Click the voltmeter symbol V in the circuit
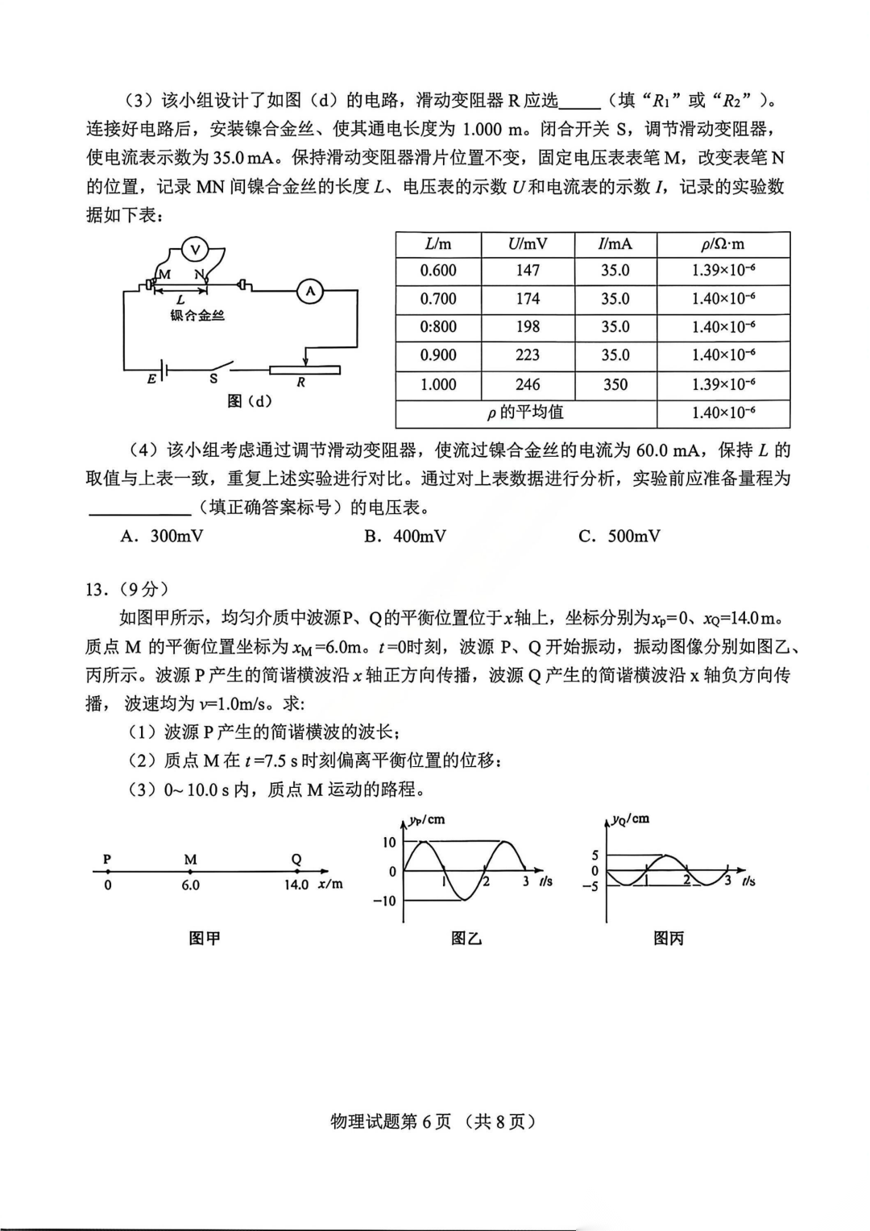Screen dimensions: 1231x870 coord(194,249)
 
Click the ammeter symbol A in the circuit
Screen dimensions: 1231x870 coord(311,292)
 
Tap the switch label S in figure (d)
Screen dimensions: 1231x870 coord(213,378)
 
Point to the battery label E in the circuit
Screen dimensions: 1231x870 coord(151,379)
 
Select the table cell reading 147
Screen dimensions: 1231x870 coord(528,271)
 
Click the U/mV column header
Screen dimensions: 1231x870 coord(528,243)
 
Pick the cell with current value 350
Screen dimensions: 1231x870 coord(615,384)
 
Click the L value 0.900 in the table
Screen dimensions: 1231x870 coord(438,355)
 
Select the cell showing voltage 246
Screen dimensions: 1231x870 coord(528,384)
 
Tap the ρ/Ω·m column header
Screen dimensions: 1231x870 coord(723,243)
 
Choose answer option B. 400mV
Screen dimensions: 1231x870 coord(405,537)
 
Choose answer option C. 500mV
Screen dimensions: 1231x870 coord(619,537)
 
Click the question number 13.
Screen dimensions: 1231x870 coord(96,590)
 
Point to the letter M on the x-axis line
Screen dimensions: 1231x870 coord(190,860)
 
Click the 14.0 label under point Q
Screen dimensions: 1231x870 coord(296,885)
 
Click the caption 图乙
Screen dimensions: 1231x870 coord(466,939)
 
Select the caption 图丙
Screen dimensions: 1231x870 coord(669,939)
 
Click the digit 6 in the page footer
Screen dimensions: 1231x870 coord(427,1121)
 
